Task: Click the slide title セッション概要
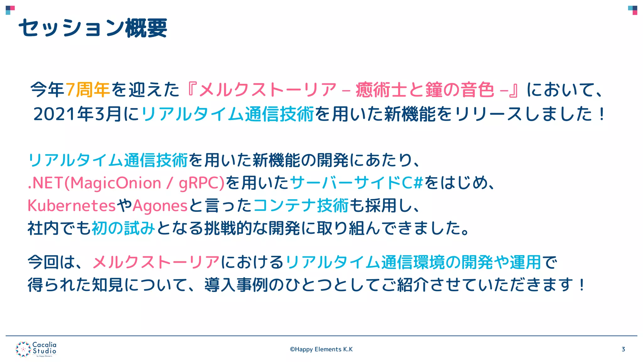(93, 28)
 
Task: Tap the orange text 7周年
(88, 90)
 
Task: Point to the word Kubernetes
(72, 206)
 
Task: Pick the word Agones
(160, 206)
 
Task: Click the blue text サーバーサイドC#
(357, 183)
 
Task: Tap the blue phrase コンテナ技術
(301, 206)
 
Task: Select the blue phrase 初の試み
(123, 228)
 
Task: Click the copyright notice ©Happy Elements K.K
(321, 349)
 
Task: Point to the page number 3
(623, 349)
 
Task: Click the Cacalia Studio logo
(36, 349)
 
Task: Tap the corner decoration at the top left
(10, 10)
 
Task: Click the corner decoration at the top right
(633, 10)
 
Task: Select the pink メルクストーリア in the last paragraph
(156, 262)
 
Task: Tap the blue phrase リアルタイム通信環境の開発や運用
(413, 262)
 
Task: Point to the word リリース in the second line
(488, 114)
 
